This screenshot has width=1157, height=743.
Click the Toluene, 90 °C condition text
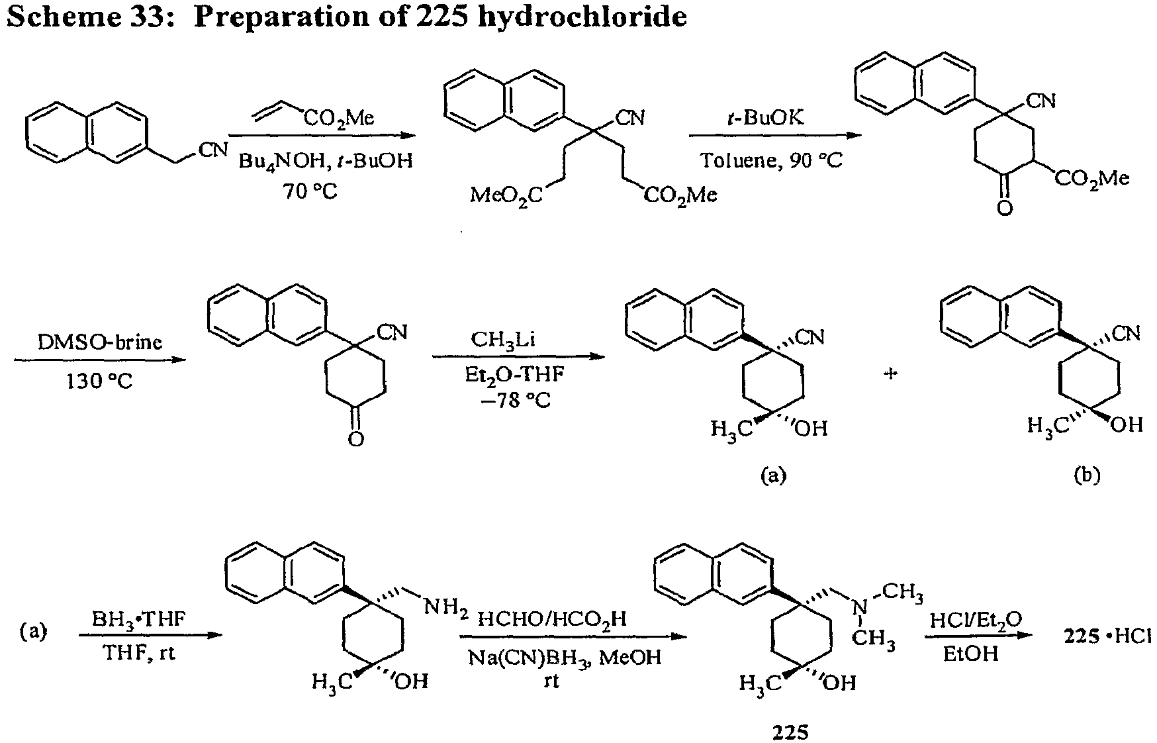(x=772, y=161)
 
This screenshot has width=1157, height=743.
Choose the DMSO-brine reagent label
(x=99, y=342)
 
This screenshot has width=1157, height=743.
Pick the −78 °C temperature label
(x=516, y=401)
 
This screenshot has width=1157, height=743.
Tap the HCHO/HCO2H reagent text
(x=552, y=620)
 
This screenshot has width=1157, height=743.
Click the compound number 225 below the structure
(x=791, y=732)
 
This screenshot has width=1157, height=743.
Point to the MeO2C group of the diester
(x=506, y=195)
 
